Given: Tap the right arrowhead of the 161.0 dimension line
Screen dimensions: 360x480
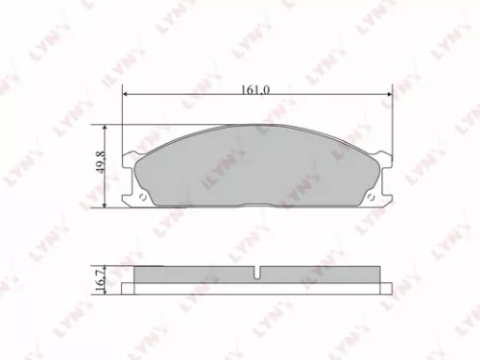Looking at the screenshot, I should point(388,97).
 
